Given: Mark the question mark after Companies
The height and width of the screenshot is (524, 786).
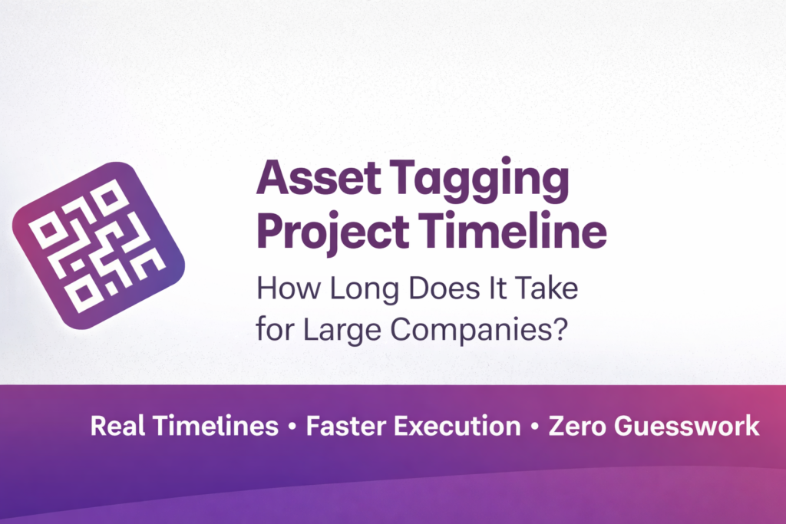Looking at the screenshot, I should [x=560, y=331].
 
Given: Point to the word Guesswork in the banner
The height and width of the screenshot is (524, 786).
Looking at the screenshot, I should [x=689, y=427].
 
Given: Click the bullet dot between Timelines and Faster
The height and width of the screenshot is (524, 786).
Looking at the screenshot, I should [x=292, y=427].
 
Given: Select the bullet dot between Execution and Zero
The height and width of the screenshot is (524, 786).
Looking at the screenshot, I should [x=534, y=427].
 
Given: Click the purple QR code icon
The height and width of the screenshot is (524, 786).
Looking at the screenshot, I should [x=98, y=245].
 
